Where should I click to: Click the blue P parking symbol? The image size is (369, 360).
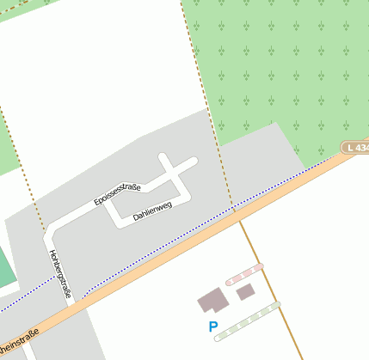tap(213, 326)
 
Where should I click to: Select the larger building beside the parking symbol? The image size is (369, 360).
tap(212, 301)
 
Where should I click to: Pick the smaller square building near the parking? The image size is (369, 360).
tap(245, 291)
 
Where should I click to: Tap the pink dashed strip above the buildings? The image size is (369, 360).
tap(244, 274)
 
